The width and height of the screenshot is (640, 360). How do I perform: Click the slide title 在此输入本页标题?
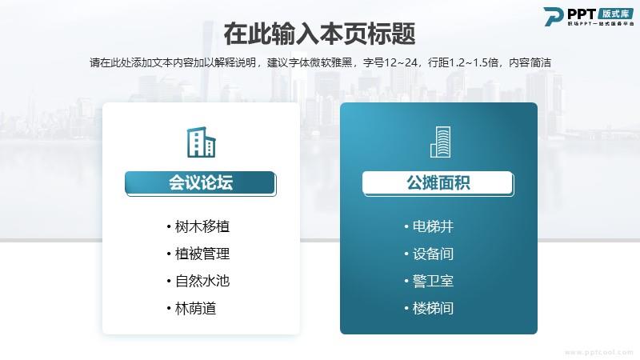[x=319, y=34]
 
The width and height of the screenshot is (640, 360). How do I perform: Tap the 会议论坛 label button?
[x=201, y=183]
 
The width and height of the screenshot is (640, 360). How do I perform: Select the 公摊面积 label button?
[x=438, y=183]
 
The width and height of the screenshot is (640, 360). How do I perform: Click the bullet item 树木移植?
[x=198, y=226]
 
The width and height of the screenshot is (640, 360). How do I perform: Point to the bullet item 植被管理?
[x=198, y=254]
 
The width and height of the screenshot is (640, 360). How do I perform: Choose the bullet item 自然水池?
[x=198, y=281]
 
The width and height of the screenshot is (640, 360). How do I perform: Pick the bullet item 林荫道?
[x=191, y=308]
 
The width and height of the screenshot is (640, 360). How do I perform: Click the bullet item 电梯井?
[x=429, y=226]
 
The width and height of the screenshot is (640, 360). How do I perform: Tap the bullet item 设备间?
[x=429, y=254]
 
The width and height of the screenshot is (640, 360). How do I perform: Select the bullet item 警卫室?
[x=429, y=281]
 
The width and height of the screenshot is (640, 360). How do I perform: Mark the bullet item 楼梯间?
[x=429, y=308]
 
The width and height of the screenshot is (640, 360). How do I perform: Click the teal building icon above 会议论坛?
[x=202, y=142]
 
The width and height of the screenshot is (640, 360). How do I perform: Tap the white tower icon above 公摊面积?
[x=441, y=142]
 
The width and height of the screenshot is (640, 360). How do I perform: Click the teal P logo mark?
[x=554, y=17]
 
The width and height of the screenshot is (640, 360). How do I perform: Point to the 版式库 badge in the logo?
[x=616, y=14]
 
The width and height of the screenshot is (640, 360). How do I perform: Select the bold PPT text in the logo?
[x=582, y=14]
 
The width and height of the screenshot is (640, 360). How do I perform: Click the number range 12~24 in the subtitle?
[x=401, y=62]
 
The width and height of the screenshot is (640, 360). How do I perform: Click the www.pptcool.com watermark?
[x=598, y=352]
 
